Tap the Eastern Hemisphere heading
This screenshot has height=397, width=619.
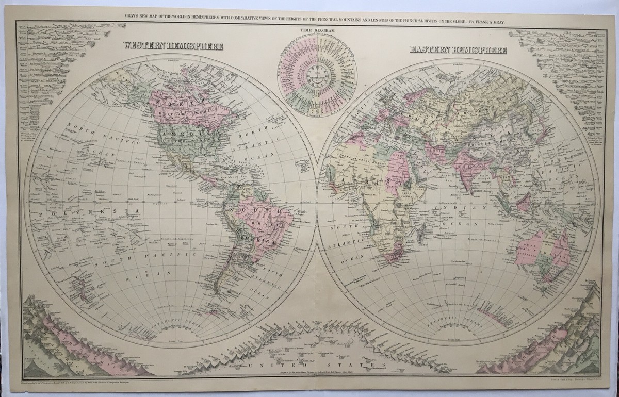458,50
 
